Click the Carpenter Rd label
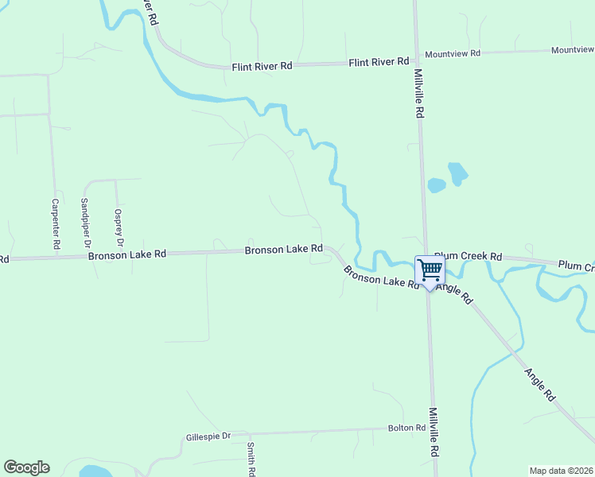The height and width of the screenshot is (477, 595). coord(56,225)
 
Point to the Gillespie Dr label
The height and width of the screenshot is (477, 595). coord(208,436)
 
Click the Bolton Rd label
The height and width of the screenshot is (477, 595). coord(406,428)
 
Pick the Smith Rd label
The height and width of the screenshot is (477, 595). coord(251,459)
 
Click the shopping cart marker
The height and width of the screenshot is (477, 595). coord(430,270)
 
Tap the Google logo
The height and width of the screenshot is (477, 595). coord(26,467)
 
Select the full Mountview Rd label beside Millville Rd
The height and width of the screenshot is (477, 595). coord(453,53)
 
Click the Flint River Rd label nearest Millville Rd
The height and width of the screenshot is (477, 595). coord(379,61)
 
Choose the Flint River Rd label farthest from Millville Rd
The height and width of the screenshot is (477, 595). coord(262,67)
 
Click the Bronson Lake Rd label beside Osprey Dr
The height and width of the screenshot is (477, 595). coord(127,255)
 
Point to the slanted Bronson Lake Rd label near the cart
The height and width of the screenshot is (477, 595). coord(381,277)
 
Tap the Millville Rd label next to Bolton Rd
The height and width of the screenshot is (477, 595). coord(434,432)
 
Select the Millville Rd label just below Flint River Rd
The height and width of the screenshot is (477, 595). coord(418,93)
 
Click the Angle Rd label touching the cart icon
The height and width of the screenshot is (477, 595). coord(456,293)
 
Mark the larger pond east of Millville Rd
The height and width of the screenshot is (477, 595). coord(457,173)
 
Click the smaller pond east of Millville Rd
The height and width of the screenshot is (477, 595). coord(436,185)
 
